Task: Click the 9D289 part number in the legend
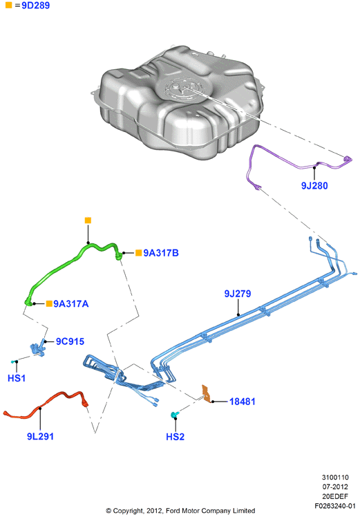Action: [x=36, y=6]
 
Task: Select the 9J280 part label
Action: [x=314, y=186]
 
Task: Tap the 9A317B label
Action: [x=161, y=253]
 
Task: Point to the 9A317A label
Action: [x=71, y=303]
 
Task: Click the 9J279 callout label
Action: [x=238, y=294]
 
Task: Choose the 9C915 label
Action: [x=70, y=341]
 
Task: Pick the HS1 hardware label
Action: [x=17, y=378]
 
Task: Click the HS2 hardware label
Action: [x=175, y=437]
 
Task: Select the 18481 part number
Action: [x=243, y=402]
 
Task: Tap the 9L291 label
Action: [x=40, y=436]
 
